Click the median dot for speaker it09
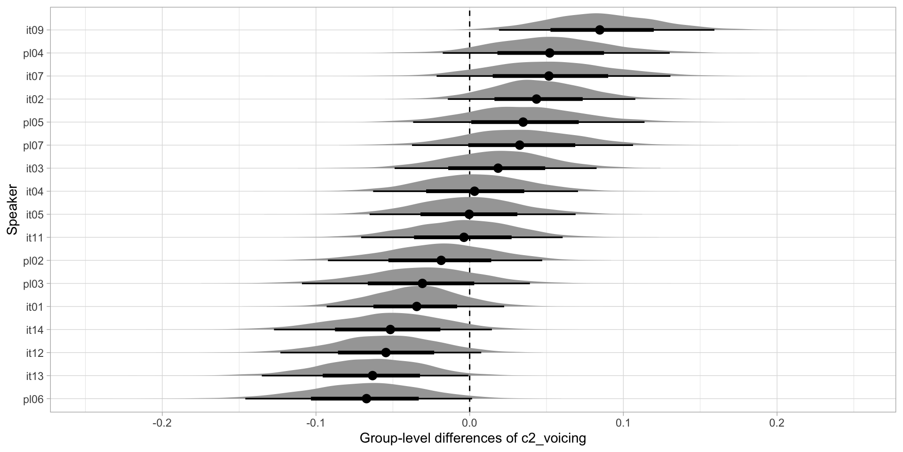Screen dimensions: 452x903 pos(600,30)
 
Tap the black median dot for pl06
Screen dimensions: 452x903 pos(366,399)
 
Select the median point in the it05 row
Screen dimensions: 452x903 pos(469,214)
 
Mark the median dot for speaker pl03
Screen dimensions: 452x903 pos(422,283)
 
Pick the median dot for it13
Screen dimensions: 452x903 pos(372,376)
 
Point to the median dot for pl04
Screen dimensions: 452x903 pos(550,53)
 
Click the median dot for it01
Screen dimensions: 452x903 pos(417,307)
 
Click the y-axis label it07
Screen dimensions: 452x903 pos(35,76)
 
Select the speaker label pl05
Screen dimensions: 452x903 pos(34,122)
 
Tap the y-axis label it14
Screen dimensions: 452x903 pos(35,330)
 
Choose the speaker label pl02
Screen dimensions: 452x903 pos(34,260)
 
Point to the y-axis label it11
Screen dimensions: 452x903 pos(35,238)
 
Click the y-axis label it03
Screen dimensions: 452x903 pos(35,169)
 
